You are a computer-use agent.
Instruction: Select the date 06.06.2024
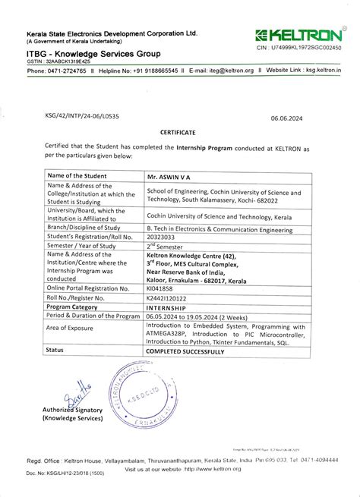click(x=287, y=118)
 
